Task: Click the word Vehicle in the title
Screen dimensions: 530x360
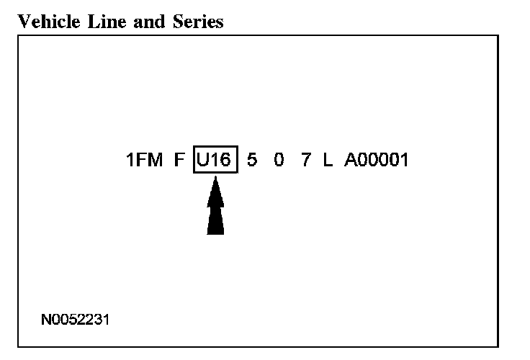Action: click(44, 22)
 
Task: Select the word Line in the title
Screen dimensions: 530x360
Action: click(96, 22)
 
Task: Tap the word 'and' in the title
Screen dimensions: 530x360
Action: click(135, 22)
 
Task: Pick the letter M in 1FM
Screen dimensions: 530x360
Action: click(154, 160)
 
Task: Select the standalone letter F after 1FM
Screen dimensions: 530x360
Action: click(179, 160)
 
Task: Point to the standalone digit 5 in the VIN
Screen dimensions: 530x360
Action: click(251, 160)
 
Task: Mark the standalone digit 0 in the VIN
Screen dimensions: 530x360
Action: click(279, 160)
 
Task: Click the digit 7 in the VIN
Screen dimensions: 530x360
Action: click(306, 160)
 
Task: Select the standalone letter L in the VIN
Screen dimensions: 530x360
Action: click(328, 160)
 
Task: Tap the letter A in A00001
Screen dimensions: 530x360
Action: click(351, 160)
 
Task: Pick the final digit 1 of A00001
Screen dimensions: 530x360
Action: click(403, 160)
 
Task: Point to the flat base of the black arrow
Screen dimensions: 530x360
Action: click(215, 233)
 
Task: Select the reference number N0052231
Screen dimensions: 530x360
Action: click(76, 318)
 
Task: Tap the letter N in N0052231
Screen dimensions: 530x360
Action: click(45, 318)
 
